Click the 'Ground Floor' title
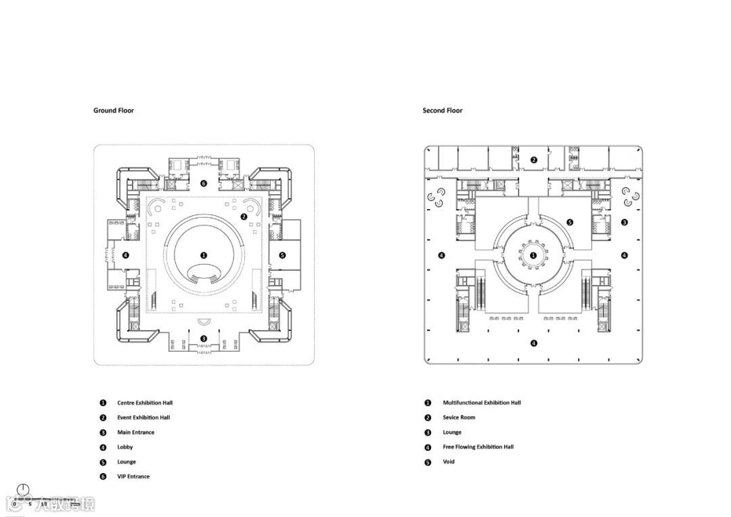[x=114, y=110]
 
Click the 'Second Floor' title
[x=443, y=110]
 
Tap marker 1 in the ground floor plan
[x=204, y=255]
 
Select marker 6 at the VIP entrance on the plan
[x=204, y=183]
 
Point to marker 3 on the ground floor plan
[x=204, y=338]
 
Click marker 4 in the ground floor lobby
[x=125, y=255]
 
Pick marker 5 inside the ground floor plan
[x=282, y=255]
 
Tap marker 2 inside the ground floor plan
[x=244, y=217]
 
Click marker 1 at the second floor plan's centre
[x=533, y=255]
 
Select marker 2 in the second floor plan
[x=533, y=160]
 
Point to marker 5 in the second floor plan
[x=570, y=222]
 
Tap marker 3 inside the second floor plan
[x=624, y=222]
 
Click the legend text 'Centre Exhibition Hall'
[x=145, y=403]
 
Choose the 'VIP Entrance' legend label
[x=133, y=476]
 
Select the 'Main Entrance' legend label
[x=135, y=432]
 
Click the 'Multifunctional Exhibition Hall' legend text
[x=482, y=403]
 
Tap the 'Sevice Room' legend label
[x=459, y=418]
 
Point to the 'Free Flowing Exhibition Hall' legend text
[x=478, y=447]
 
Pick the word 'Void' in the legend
[x=449, y=462]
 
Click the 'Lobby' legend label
[x=125, y=447]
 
